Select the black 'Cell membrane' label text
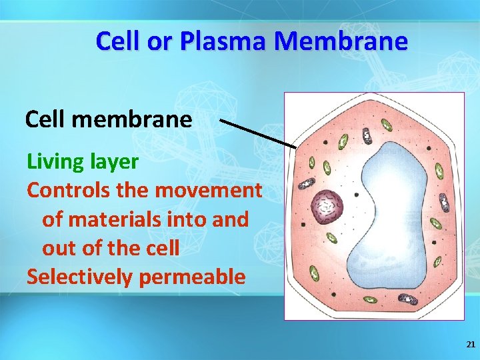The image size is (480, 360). (x=109, y=119)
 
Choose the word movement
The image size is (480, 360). (x=209, y=190)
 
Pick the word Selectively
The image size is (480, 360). (x=79, y=276)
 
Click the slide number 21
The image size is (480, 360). (x=471, y=345)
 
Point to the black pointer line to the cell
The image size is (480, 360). (x=258, y=133)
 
